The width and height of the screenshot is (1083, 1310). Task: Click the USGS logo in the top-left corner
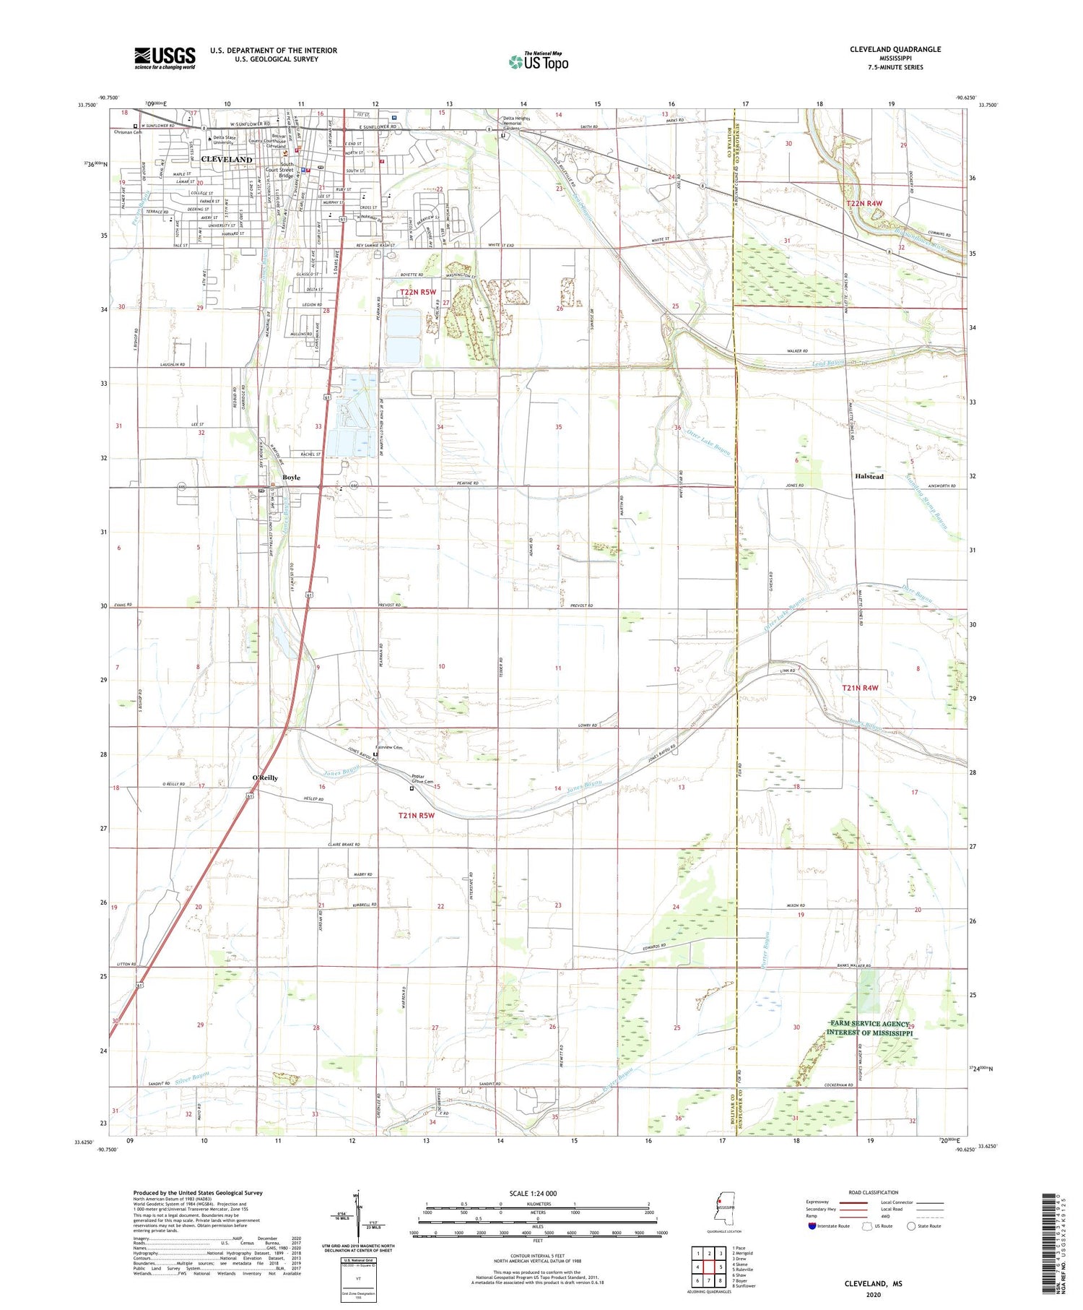165,58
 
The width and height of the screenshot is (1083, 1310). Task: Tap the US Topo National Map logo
538,61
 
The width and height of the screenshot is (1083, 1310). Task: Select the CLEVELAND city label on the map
227,159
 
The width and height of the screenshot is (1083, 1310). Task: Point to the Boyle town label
291,478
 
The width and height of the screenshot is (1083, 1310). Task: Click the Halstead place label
869,477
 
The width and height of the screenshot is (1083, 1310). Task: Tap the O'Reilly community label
265,777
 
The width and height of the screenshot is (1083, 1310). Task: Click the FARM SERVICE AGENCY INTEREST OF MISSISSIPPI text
871,1028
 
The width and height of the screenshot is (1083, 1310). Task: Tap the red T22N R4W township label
864,204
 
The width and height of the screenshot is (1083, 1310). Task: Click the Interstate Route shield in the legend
813,1225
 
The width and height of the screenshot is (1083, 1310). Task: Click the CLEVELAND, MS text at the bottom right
873,1283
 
